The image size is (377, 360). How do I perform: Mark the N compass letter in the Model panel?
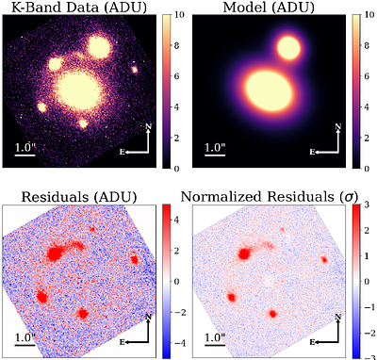click(x=336, y=126)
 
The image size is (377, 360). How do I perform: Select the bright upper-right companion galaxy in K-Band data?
click(x=100, y=47)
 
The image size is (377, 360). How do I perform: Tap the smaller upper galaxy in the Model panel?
click(x=287, y=48)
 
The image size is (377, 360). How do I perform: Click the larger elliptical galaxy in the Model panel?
click(x=270, y=90)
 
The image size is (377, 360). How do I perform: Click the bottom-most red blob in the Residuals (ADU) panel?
click(x=84, y=313)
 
